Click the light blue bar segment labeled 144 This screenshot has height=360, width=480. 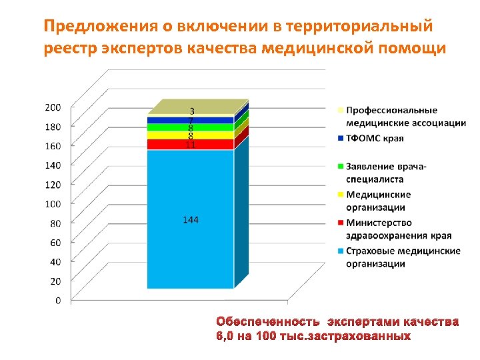coord(190,253)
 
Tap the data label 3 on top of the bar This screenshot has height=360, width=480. coord(192,111)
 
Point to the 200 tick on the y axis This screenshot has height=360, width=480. coord(53,107)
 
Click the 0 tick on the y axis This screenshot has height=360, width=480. coord(57,301)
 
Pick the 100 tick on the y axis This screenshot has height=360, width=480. coord(53,203)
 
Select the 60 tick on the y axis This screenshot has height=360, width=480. coord(55,242)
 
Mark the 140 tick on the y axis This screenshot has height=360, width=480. coord(53,165)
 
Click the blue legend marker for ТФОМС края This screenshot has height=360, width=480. coord(341,139)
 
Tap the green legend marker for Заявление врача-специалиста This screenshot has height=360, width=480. coord(341,166)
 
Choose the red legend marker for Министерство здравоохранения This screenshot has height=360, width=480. coord(341,222)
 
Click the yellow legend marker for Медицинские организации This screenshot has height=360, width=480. coord(341,194)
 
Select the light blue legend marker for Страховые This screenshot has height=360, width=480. coord(341,251)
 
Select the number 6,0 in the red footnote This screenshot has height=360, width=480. coord(225,335)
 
